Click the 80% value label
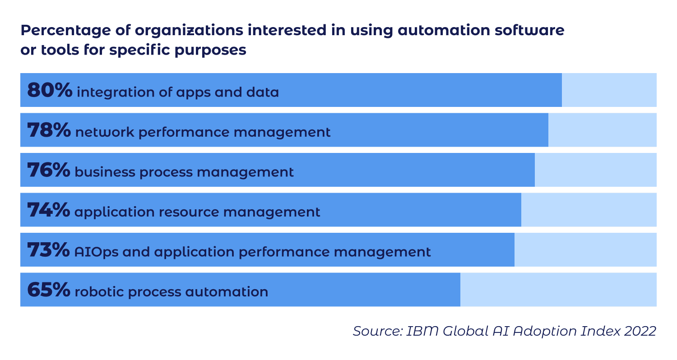pos(49,91)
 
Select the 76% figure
pos(48,171)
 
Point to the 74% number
pos(48,210)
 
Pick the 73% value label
pos(48,250)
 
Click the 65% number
pos(48,290)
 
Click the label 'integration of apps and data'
pos(178,92)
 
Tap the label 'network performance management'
pos(203,132)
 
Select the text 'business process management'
pos(184,172)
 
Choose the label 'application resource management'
pos(197,212)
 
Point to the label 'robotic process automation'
pos(171,292)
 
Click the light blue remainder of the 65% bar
pos(558,290)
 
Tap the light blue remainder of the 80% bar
pos(609,90)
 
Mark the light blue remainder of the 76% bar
pos(595,170)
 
